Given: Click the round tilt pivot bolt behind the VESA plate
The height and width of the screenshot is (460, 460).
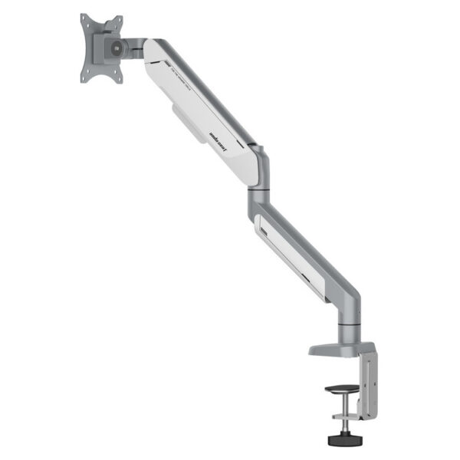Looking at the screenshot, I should tap(115, 48).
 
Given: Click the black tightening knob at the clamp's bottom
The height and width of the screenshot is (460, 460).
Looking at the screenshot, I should tap(341, 441).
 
